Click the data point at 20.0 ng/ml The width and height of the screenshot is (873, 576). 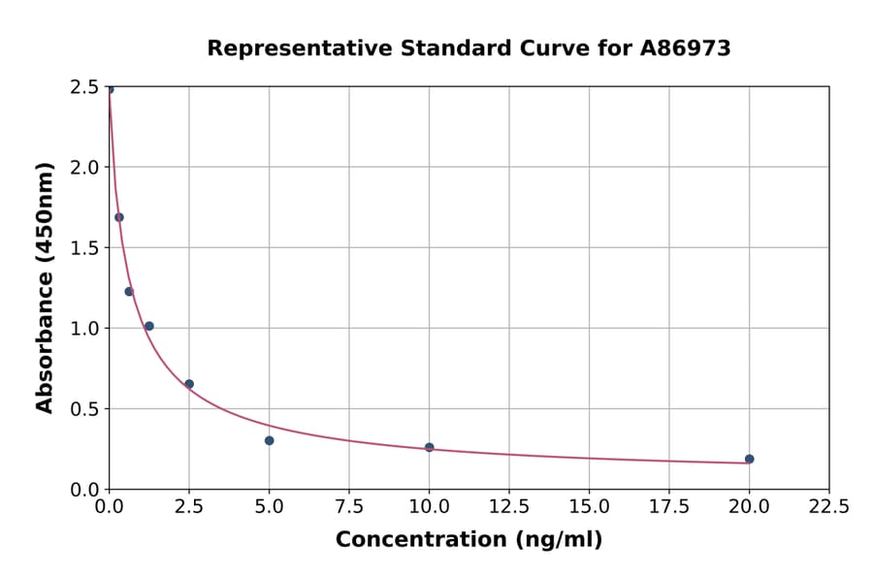749,459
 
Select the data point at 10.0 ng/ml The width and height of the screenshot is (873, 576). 429,447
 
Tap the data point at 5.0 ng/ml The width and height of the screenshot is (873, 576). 269,440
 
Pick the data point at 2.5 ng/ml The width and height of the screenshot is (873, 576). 189,384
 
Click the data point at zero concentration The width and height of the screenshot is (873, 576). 110,89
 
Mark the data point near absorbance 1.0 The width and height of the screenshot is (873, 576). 148,326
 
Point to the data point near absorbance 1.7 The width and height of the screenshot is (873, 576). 119,217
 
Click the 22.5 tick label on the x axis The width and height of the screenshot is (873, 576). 828,506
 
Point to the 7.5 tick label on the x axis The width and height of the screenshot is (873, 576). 349,506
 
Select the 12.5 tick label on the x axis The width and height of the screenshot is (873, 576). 509,506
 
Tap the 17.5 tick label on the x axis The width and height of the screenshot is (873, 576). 668,506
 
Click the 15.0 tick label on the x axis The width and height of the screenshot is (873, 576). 589,506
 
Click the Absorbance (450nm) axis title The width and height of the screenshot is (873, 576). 45,287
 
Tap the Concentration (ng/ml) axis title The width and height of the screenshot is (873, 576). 469,540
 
